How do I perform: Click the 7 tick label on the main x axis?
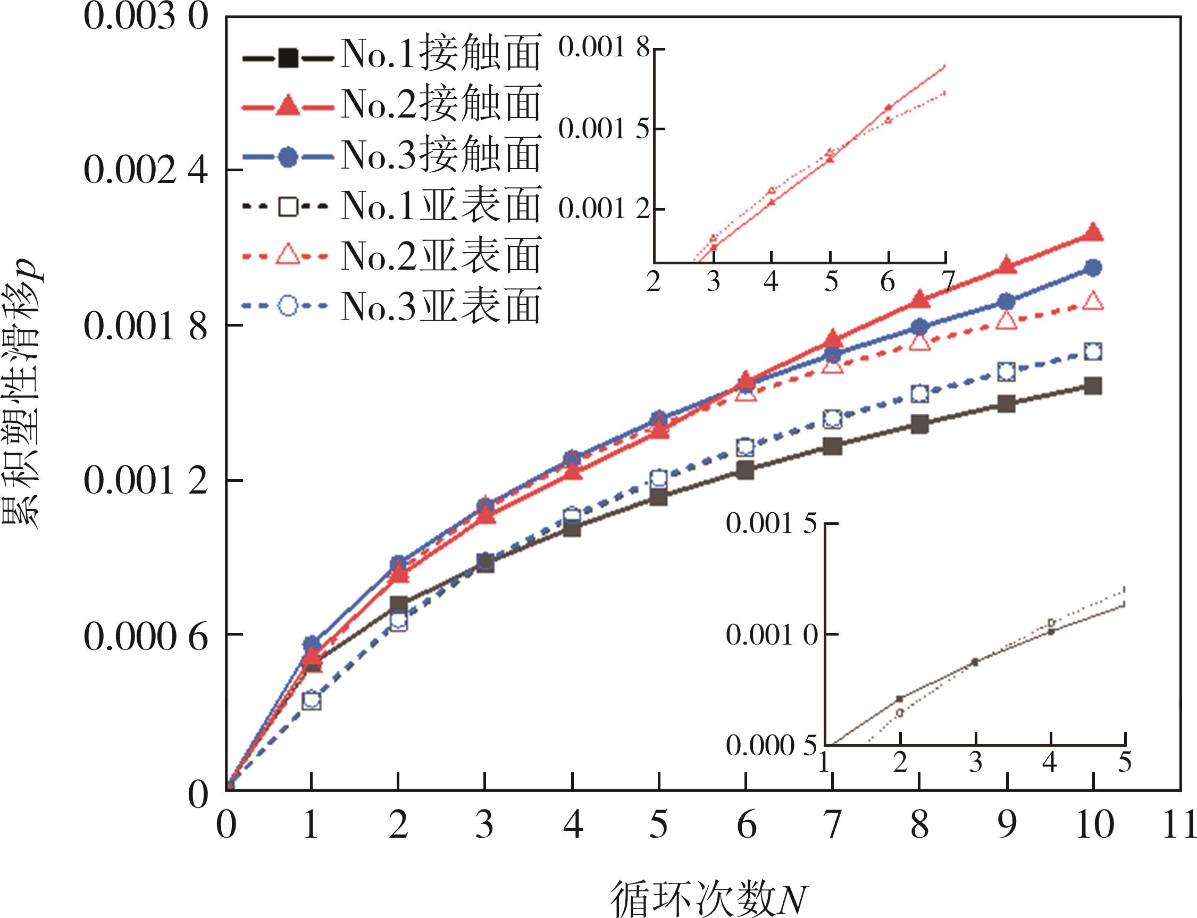832,824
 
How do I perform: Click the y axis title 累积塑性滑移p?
22,394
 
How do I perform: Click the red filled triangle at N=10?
1093,233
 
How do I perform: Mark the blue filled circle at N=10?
1093,268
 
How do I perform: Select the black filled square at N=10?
1093,386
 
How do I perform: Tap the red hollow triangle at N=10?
1093,301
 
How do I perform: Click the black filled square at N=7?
832,446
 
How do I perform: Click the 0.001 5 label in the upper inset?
604,129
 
